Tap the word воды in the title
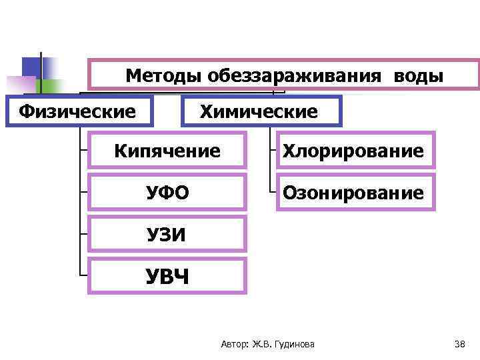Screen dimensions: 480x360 418,75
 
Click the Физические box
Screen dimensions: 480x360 78,111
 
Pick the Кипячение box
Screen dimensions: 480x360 167,151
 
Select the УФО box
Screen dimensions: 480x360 167,193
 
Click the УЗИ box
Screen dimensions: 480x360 167,234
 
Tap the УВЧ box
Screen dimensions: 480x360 167,275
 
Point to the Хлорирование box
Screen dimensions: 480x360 353,151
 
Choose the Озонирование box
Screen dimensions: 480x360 353,193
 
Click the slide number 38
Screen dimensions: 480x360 459,344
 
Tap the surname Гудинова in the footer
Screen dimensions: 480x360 295,344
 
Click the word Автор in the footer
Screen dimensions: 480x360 233,344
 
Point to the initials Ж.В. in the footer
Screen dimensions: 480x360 261,344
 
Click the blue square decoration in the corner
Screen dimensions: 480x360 31,66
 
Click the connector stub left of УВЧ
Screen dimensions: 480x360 83,275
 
